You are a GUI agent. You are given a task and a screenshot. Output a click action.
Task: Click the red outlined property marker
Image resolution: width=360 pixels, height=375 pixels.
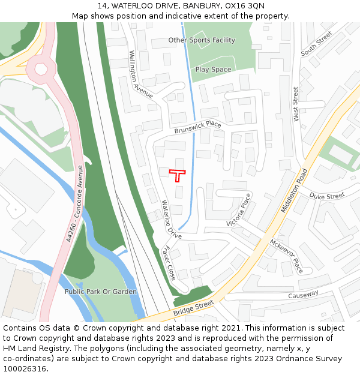pos(177,174)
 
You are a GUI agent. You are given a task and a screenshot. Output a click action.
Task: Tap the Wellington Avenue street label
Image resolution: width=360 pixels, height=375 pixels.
pos(140,74)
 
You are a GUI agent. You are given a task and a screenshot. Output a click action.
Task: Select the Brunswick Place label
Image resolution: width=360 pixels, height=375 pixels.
pos(198,127)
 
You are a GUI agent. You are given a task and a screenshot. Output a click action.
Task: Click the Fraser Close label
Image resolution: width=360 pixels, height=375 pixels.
pos(170,263)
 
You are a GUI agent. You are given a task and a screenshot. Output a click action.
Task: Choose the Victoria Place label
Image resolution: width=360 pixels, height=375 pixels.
pos(238,210)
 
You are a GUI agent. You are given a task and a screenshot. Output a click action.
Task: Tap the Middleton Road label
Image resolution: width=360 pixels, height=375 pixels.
pos(293,191)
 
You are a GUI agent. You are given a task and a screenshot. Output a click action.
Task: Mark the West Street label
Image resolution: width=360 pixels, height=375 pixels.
pos(296,104)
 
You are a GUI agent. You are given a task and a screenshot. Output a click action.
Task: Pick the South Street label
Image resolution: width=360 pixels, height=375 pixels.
pos(316,44)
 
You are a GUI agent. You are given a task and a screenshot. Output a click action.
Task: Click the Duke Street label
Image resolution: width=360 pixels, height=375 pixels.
pos(327,196)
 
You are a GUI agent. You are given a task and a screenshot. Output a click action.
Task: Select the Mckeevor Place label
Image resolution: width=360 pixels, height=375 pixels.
pos(287,255)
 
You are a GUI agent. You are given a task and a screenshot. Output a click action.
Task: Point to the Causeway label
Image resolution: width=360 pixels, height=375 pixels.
pos(303,295)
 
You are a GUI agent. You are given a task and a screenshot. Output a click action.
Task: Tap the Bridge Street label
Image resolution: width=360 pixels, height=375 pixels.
pos(194,309)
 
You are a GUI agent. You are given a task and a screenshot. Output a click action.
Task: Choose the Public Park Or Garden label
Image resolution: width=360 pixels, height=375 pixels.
pos(101,292)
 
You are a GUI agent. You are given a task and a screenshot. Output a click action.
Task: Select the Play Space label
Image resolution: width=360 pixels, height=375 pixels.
pos(213,70)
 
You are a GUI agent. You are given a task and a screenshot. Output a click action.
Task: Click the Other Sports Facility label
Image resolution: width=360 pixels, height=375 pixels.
pos(202,40)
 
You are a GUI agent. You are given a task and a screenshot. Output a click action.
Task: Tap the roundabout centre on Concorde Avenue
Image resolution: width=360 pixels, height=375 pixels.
pos(41,68)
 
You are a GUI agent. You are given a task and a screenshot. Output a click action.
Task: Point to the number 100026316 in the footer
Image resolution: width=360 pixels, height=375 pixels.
pos(25,368)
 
